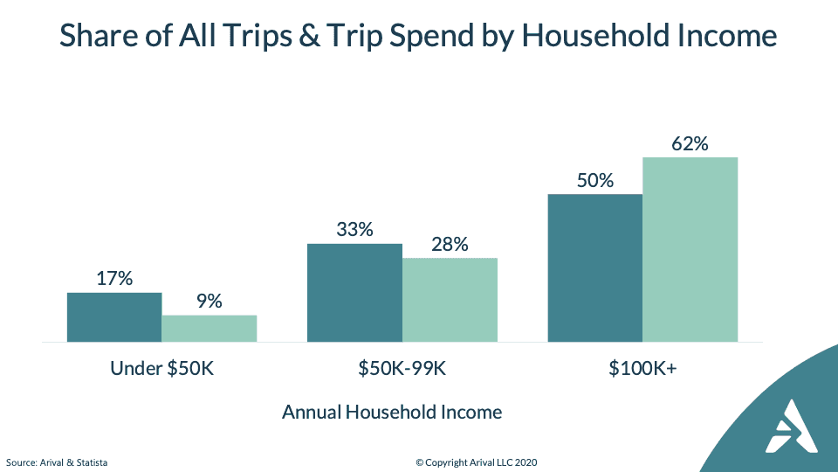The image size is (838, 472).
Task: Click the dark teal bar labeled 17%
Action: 114,317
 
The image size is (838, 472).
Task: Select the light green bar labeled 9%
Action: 209,329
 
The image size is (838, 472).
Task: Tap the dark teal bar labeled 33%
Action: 355,293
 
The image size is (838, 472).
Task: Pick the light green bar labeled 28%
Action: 450,300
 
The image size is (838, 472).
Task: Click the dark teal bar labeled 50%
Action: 595,268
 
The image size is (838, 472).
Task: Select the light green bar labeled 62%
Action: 690,250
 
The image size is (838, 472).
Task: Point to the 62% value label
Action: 690,144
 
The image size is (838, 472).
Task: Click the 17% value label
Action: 114,278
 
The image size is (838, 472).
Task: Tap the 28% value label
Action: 450,245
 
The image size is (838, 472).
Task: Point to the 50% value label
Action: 595,181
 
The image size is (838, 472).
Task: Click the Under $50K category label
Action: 162,368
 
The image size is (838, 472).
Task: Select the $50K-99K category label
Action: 402,368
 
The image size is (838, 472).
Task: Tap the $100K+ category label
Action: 643,368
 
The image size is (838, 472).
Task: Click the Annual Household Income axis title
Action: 392,412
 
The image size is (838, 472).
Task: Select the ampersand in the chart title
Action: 309,36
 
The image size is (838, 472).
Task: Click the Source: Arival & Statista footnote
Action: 57,462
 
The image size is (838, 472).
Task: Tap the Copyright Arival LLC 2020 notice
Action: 477,462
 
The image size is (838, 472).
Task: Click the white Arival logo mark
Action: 792,427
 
